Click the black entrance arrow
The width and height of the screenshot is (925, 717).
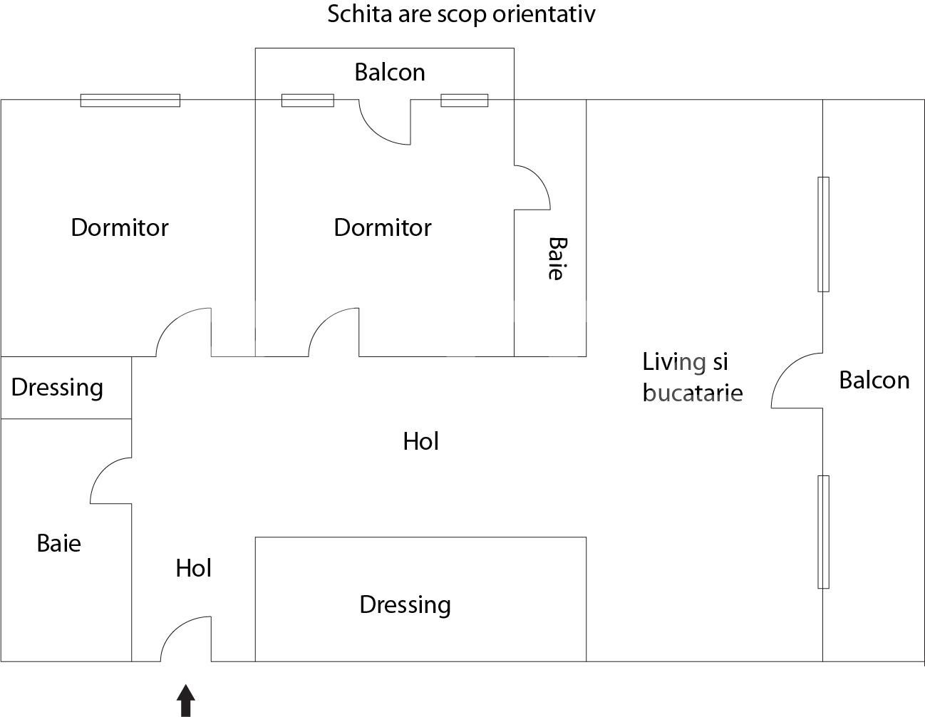pyautogui.click(x=186, y=701)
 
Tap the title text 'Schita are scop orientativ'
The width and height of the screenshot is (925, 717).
pyautogui.click(x=461, y=15)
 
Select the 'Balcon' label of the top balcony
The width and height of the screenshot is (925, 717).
pyautogui.click(x=390, y=72)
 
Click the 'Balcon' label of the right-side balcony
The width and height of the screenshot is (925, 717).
pyautogui.click(x=874, y=380)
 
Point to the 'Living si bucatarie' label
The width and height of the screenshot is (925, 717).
pyautogui.click(x=693, y=377)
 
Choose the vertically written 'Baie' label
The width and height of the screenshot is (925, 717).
pyautogui.click(x=557, y=258)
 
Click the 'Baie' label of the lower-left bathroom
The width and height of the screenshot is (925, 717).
pyautogui.click(x=58, y=543)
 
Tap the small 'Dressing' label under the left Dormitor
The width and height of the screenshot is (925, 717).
pyautogui.click(x=57, y=388)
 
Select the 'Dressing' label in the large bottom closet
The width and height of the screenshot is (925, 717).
pyautogui.click(x=405, y=605)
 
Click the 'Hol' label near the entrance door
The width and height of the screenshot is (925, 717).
pyautogui.click(x=194, y=568)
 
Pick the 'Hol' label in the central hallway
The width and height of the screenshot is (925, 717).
pyautogui.click(x=421, y=441)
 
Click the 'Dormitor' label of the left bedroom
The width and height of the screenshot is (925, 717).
pyautogui.click(x=120, y=227)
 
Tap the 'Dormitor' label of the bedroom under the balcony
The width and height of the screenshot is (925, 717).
pyautogui.click(x=383, y=227)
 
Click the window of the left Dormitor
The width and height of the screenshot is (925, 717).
pyautogui.click(x=130, y=100)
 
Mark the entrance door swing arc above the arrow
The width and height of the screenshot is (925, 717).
pyautogui.click(x=185, y=639)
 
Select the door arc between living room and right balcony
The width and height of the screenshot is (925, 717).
pyautogui.click(x=797, y=381)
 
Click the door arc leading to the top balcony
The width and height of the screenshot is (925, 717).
pyautogui.click(x=385, y=122)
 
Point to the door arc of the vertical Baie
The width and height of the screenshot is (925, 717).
pyautogui.click(x=532, y=187)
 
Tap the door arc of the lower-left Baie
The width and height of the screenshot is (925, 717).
pyautogui.click(x=110, y=481)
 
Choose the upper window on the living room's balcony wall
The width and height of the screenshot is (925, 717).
pyautogui.click(x=823, y=234)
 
